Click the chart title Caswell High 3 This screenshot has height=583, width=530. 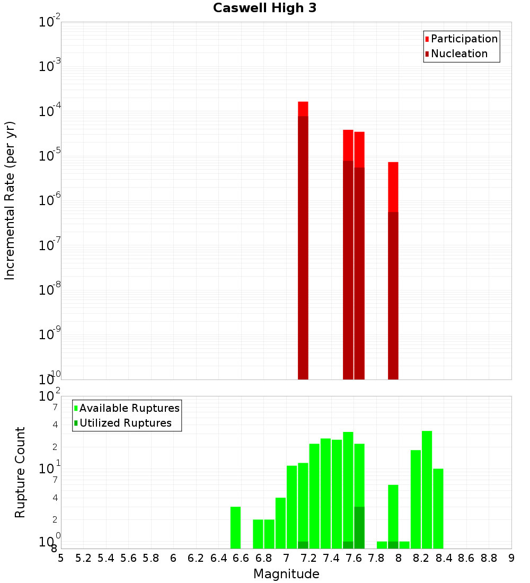(264, 8)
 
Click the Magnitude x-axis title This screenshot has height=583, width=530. (286, 574)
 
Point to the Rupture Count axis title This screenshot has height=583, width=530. (20, 472)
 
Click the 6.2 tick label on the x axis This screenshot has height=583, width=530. (196, 558)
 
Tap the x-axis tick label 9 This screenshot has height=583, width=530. (511, 558)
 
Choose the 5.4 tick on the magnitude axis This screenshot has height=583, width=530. (105, 558)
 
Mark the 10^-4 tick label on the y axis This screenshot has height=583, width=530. (50, 111)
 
